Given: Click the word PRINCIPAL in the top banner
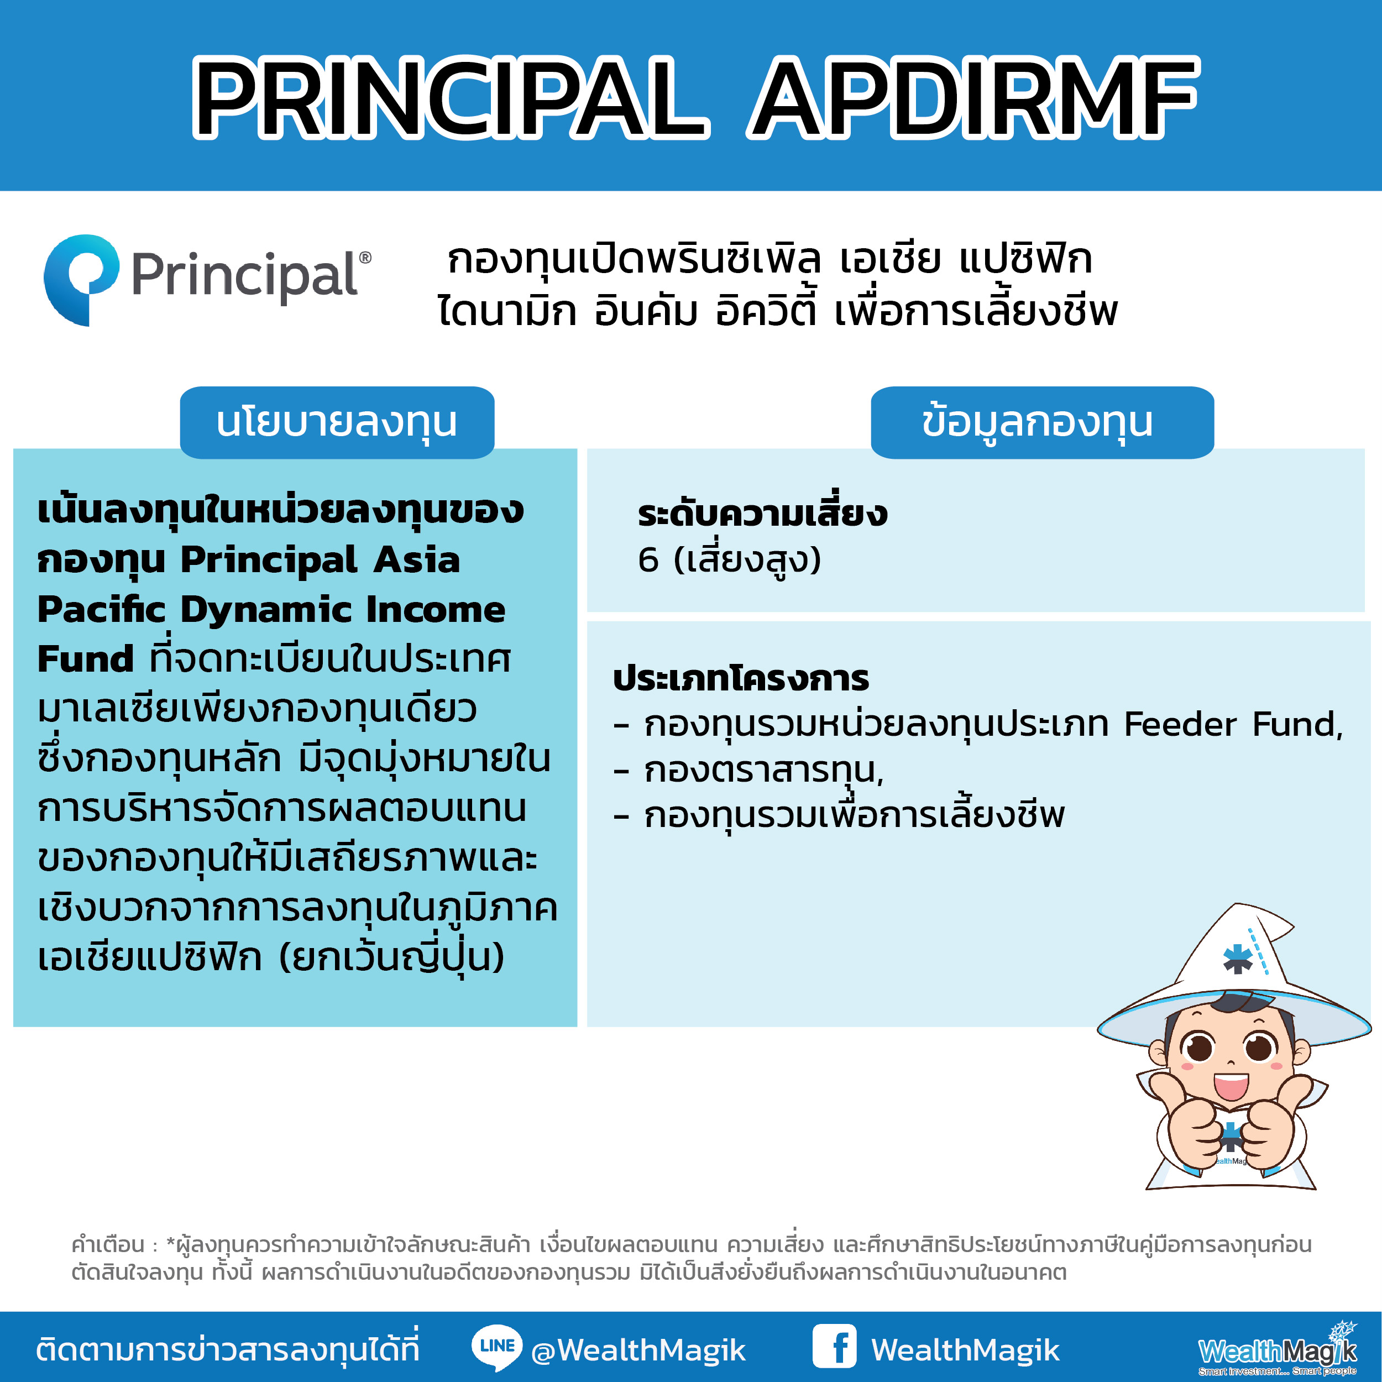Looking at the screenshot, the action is point(451,98).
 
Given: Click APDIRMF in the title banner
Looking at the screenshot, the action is point(973,98).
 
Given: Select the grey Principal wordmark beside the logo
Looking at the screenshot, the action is point(251,276).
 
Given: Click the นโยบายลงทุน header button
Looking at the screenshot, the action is point(337,422).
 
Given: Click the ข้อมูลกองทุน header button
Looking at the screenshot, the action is point(1042,422).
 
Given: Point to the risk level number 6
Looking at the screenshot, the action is point(648,559).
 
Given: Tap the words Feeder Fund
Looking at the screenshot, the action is point(1231,724).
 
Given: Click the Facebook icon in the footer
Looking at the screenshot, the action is point(834,1346).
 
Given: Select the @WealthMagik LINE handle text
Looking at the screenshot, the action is point(638,1350).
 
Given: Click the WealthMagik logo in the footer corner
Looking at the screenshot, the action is point(1278,1348).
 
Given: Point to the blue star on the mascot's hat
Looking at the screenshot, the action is point(1238,959).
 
